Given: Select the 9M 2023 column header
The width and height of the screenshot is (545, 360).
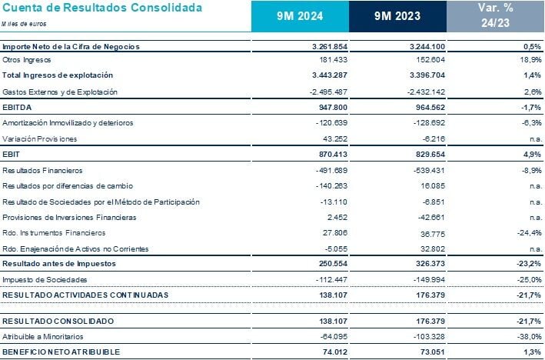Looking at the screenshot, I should pyautogui.click(x=396, y=16).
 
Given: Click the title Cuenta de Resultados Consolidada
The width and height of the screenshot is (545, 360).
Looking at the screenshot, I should pyautogui.click(x=102, y=8).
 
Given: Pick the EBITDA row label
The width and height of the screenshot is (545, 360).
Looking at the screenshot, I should pyautogui.click(x=18, y=108).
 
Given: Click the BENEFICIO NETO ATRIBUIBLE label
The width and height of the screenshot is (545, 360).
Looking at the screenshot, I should pyautogui.click(x=61, y=352).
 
